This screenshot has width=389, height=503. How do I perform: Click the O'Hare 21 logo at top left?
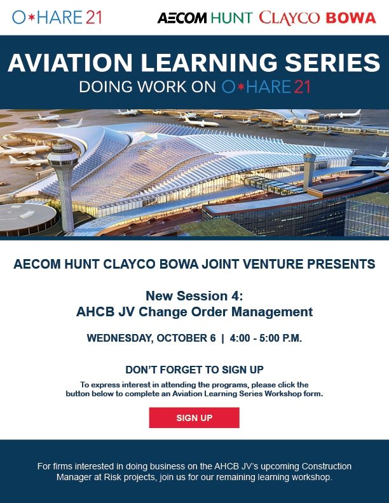57,17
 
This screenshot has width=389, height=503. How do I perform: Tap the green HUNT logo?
231,18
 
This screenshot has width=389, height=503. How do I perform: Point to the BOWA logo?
351,18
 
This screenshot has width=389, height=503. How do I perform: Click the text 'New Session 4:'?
194,296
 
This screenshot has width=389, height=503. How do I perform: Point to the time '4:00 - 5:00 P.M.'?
266,338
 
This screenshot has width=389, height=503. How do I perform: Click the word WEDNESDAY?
119,338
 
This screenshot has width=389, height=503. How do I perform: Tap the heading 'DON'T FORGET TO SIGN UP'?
194,370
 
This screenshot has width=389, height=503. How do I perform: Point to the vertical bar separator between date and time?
223,338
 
